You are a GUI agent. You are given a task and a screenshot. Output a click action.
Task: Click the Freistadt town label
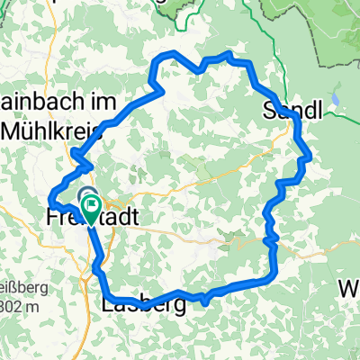(76, 217)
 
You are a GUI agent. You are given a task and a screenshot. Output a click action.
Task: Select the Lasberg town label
(139, 306)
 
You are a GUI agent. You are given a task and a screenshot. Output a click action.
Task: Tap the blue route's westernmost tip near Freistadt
(49, 200)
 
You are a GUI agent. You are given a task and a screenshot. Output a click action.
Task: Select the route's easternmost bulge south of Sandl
(310, 157)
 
